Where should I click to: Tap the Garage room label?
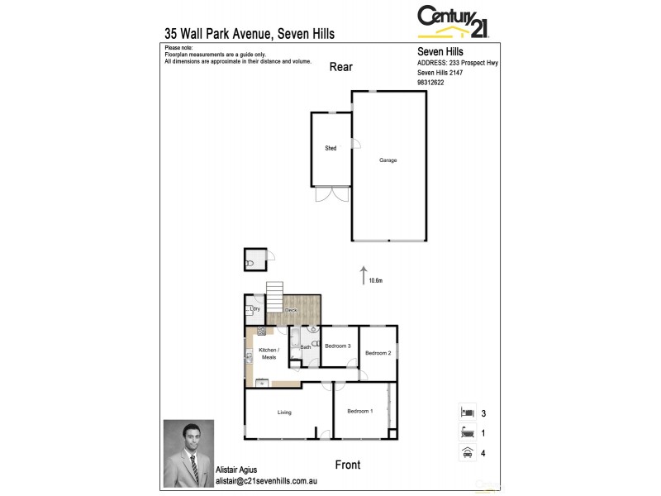pos(388,160)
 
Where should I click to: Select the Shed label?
pos(330,148)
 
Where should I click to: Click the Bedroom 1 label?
pos(359,411)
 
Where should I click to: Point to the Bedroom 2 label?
pos(378,353)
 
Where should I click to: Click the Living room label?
pos(284,412)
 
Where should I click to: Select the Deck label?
pos(291,310)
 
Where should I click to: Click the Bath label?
pos(306,347)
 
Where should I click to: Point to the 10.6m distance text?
pos(376,281)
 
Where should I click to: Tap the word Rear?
pos(340,67)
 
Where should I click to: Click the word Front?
pos(348,465)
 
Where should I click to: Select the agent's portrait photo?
pos(188,453)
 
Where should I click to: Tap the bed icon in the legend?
pos(467,411)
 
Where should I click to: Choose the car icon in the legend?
pos(467,452)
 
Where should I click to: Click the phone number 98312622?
pos(431,82)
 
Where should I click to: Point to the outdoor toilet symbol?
pos(250,263)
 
